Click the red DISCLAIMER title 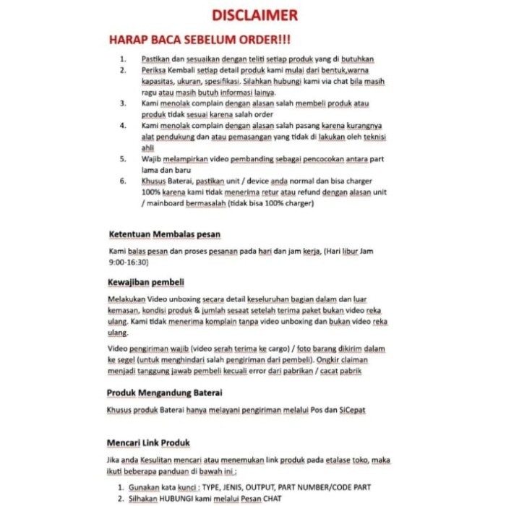pyautogui.click(x=254, y=15)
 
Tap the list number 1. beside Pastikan pyautogui.click(x=124, y=59)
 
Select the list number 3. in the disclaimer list pyautogui.click(x=124, y=103)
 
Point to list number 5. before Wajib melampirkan pyautogui.click(x=124, y=158)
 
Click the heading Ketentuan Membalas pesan pyautogui.click(x=165, y=234)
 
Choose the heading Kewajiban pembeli pyautogui.click(x=146, y=281)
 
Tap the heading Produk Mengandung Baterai pyautogui.click(x=164, y=393)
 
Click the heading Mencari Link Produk pyautogui.click(x=149, y=442)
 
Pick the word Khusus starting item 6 pyautogui.click(x=154, y=181)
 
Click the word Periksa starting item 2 pyautogui.click(x=153, y=70)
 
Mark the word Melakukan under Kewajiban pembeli pyautogui.click(x=126, y=299)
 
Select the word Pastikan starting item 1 pyautogui.click(x=155, y=59)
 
